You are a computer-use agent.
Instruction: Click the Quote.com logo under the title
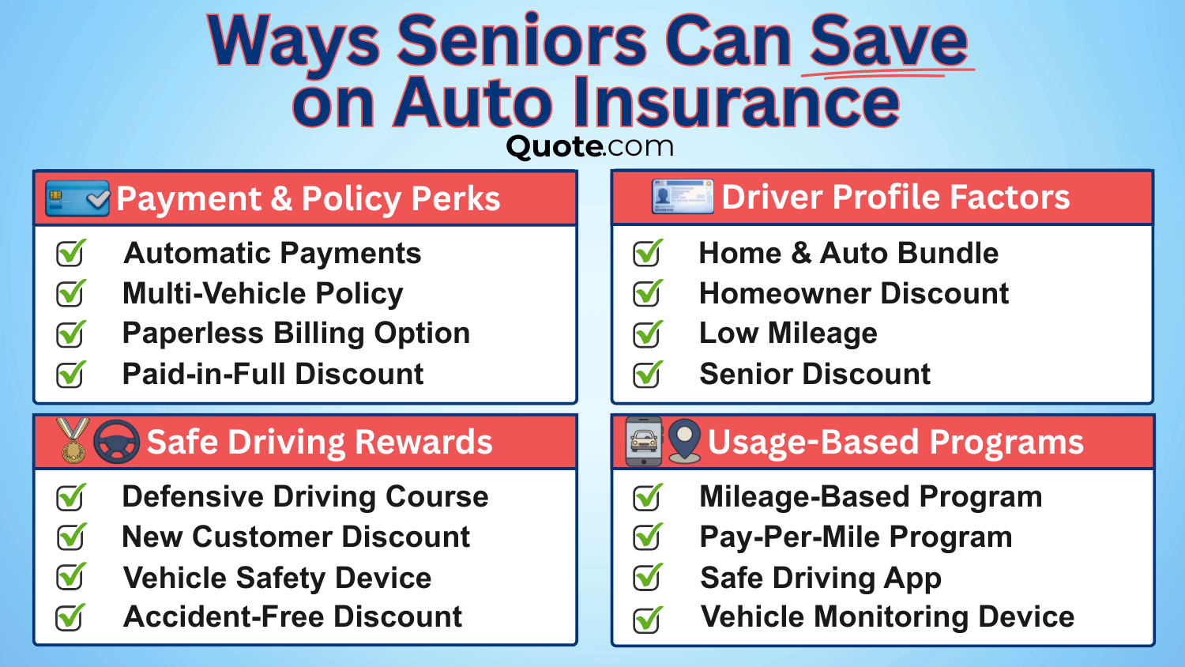pyautogui.click(x=590, y=146)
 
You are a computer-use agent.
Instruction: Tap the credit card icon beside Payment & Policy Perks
pyautogui.click(x=77, y=198)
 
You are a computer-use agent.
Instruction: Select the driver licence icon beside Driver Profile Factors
pyautogui.click(x=682, y=197)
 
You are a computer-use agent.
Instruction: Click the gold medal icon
pyautogui.click(x=73, y=441)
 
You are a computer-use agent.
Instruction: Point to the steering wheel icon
pyautogui.click(x=116, y=442)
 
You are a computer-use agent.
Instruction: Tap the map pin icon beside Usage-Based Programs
pyautogui.click(x=684, y=441)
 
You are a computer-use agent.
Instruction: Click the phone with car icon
pyautogui.click(x=645, y=442)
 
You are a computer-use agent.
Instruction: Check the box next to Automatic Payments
pyautogui.click(x=70, y=254)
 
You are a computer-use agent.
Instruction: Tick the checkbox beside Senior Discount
pyautogui.click(x=648, y=374)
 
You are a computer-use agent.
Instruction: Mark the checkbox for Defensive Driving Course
pyautogui.click(x=70, y=497)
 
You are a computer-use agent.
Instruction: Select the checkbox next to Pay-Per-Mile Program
pyautogui.click(x=648, y=537)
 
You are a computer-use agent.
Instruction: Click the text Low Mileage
pyautogui.click(x=788, y=333)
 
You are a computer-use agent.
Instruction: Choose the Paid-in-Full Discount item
pyautogui.click(x=273, y=374)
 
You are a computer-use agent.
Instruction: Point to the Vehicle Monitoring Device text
pyautogui.click(x=887, y=617)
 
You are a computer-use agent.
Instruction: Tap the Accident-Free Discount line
pyautogui.click(x=292, y=617)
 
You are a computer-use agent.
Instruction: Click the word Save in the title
pyautogui.click(x=889, y=41)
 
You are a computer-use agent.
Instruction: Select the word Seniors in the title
pyautogui.click(x=521, y=41)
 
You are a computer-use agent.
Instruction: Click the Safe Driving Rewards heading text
pyautogui.click(x=319, y=443)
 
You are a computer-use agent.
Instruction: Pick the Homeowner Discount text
pyautogui.click(x=854, y=294)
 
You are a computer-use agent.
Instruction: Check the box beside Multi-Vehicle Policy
pyautogui.click(x=70, y=294)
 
